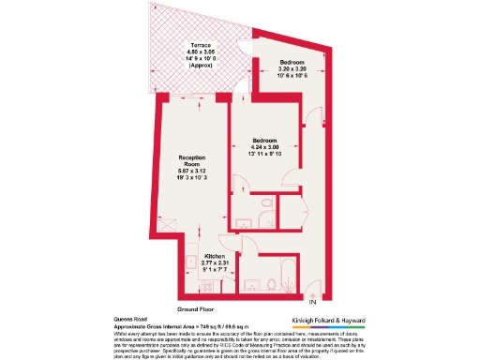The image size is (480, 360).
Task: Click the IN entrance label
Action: coord(313,302)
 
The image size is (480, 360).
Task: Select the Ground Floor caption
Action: coord(197,308)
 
